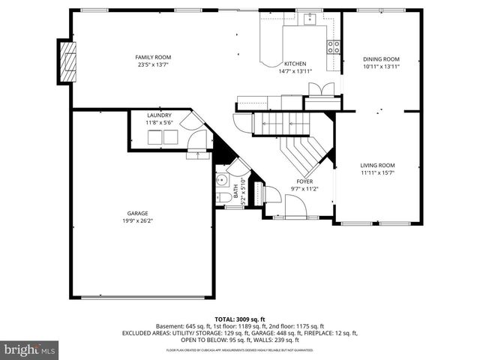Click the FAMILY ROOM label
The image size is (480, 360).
tap(153, 58)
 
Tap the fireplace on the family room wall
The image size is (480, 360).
tap(68, 63)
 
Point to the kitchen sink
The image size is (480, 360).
tap(307, 19)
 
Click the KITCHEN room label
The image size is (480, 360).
tap(294, 64)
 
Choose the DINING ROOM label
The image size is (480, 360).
tap(381, 59)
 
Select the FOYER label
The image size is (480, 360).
tap(304, 181)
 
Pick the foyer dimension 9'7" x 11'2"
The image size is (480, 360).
tap(304, 189)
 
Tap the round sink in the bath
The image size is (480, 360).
tap(222, 181)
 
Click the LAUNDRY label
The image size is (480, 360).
tap(159, 115)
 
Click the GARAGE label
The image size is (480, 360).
tap(137, 214)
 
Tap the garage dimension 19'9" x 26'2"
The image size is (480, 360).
tap(137, 221)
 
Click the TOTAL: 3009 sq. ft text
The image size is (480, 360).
tap(239, 319)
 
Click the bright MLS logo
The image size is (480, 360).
tap(30, 349)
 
